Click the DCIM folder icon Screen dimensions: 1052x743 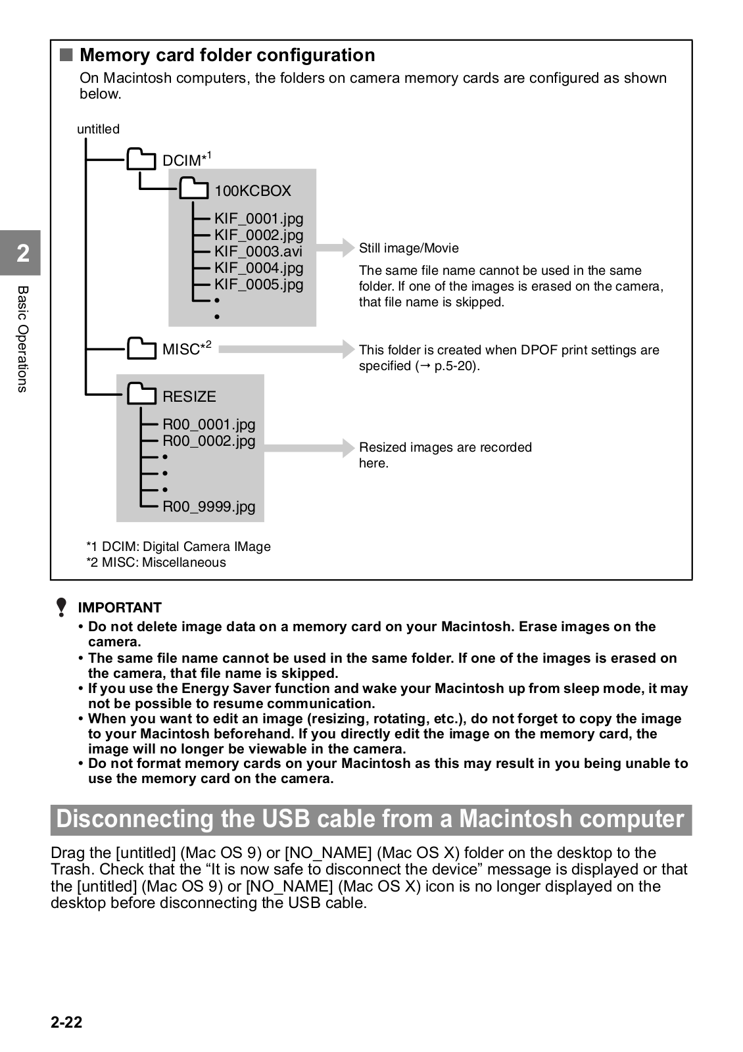coord(141,159)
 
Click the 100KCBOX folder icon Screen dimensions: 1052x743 coord(194,189)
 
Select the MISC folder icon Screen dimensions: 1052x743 coord(141,348)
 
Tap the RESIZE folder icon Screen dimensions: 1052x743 coord(141,395)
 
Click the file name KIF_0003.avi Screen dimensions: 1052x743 coord(258,251)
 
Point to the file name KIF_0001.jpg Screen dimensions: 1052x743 coord(258,218)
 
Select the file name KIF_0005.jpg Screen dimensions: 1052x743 coord(258,284)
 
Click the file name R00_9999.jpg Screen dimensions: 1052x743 coord(208,506)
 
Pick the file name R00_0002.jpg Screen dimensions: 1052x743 coord(208,441)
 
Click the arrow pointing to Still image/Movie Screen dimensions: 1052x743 coord(336,248)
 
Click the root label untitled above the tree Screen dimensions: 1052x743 coord(98,129)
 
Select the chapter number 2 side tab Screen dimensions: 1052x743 coord(22,253)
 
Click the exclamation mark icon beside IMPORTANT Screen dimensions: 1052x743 coord(61,607)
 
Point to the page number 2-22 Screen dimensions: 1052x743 coord(66,1022)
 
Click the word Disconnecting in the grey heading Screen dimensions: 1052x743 coord(135,819)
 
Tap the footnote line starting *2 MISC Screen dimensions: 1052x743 coord(156,562)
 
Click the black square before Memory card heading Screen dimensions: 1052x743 coord(66,55)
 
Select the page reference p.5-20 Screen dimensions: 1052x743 coord(454,366)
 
